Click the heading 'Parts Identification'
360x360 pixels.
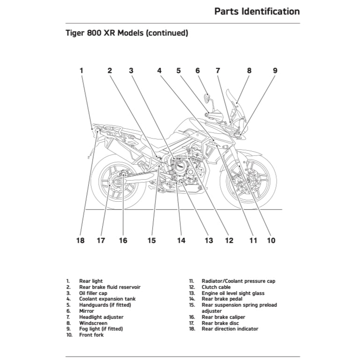(257, 11)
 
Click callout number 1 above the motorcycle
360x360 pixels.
(81, 71)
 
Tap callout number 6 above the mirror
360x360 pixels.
(198, 71)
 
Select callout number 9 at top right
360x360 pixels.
(275, 71)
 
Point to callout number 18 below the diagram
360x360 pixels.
(81, 241)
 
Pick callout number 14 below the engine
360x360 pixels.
(181, 241)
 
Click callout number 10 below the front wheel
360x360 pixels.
(271, 241)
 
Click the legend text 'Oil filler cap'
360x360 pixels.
(93, 293)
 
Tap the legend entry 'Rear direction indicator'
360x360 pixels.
(230, 329)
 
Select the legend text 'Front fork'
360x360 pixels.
(91, 335)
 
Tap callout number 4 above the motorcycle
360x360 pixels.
(160, 71)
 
